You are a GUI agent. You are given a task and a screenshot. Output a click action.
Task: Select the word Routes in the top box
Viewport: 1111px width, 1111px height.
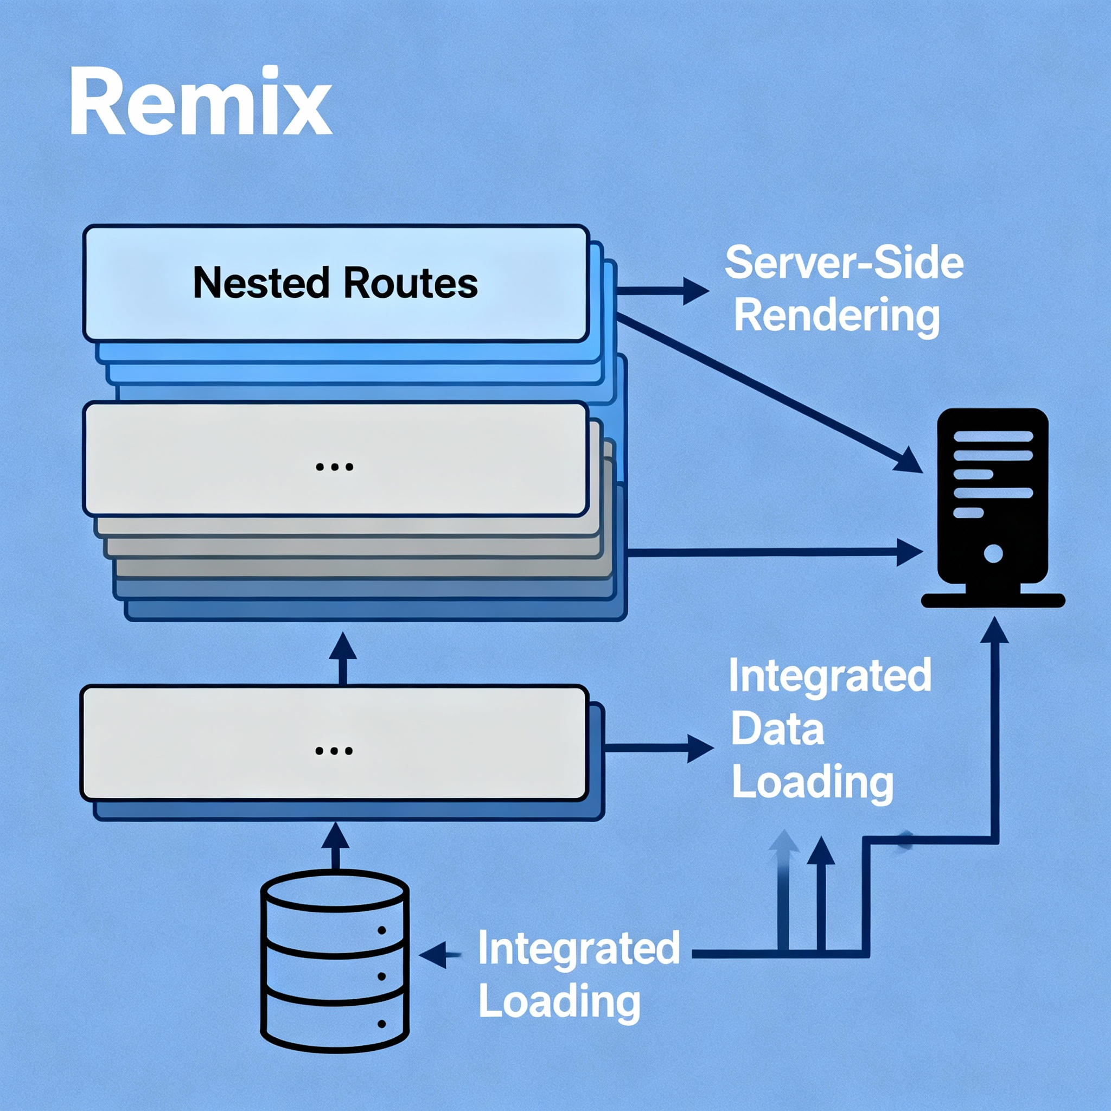coord(411,283)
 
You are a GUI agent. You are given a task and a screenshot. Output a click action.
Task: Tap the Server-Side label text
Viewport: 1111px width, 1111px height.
coord(844,263)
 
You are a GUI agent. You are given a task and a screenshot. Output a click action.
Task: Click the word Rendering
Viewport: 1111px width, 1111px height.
coord(837,316)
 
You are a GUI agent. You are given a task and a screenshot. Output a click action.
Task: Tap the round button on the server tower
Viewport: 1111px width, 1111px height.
coord(993,554)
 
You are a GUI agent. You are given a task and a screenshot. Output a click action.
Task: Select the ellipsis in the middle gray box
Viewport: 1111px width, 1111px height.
coord(335,467)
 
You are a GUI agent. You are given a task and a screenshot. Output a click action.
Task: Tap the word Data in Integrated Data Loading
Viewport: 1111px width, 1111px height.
coord(777,729)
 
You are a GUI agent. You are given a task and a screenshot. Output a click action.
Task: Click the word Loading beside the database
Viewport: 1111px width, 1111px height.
coord(559,1002)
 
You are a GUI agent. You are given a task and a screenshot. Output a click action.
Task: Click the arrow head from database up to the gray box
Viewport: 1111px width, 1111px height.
coord(335,835)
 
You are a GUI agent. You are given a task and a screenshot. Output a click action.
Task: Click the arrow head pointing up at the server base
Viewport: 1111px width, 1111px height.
coord(994,630)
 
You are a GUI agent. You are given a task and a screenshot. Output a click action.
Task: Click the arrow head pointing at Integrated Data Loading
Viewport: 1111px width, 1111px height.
coord(700,749)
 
